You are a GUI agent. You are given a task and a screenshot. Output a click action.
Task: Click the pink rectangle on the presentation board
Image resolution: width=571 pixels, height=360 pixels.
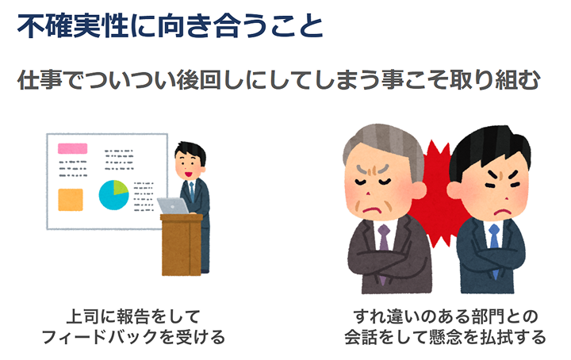coord(72,148)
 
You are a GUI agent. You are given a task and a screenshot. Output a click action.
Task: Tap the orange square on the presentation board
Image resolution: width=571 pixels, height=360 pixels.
coord(71,200)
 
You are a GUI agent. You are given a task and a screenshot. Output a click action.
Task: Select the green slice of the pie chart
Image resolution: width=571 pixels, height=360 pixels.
coord(121,187)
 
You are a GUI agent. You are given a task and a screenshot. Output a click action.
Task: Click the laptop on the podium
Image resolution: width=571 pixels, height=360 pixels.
coord(173,206)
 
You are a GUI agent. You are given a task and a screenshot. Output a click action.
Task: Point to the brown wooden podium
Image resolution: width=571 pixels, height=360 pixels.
coord(182,244)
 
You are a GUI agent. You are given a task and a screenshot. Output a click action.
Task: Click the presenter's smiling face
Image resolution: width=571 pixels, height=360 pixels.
coord(189,166)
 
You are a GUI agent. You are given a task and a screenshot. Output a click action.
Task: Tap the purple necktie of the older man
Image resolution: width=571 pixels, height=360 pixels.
coord(384,251)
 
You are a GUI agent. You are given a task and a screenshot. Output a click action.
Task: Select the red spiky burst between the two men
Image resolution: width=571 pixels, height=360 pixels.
coord(437,193)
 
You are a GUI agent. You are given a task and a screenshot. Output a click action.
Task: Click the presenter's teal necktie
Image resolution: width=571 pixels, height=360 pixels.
coord(192,191)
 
